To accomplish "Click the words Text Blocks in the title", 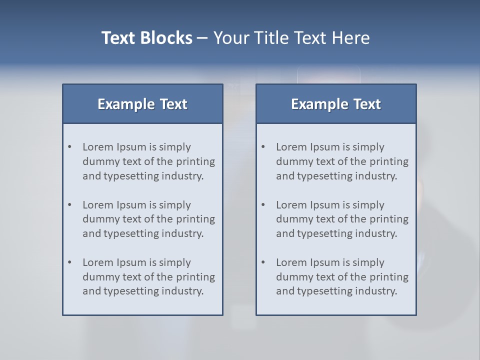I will click(146, 38).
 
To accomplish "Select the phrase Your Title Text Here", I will click(291, 38).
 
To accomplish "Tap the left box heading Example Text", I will click(142, 104).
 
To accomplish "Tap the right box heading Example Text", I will click(336, 104).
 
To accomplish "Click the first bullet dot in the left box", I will click(69, 147).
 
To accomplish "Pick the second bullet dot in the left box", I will click(69, 205).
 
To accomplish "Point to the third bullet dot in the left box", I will click(69, 262).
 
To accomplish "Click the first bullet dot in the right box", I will click(263, 147).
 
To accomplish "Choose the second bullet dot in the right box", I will click(263, 205).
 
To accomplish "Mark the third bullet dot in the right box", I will click(263, 262).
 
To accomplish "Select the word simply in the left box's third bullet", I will click(175, 262).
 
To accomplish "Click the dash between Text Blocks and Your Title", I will click(202, 38).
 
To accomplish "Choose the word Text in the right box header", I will click(367, 104).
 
